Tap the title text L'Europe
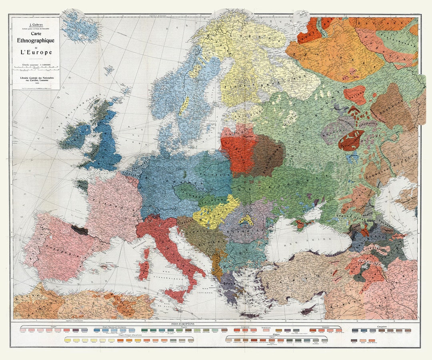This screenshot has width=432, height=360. (36, 52)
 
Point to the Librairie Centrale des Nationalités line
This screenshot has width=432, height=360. (36, 74)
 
